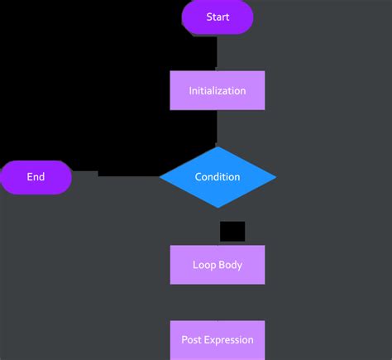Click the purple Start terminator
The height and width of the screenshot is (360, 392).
pos(218,17)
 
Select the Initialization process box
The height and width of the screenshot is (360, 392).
pos(218,90)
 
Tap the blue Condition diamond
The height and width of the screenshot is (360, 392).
pos(218,177)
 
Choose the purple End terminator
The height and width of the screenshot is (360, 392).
pos(36,177)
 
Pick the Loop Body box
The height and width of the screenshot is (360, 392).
pos(218,266)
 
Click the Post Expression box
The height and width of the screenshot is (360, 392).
pos(218,339)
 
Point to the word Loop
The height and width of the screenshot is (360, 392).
pos(203,266)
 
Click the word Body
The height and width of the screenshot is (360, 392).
pos(230,266)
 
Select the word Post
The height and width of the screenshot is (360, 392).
pos(192,339)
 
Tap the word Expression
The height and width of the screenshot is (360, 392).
pos(229,339)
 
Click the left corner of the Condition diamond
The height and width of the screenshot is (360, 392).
pos(161,177)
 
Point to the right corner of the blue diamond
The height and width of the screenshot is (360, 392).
pos(275,177)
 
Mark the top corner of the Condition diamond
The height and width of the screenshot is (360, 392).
pos(218,147)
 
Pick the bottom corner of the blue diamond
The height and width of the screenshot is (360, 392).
pos(218,207)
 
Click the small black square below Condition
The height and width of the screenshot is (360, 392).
pos(232,231)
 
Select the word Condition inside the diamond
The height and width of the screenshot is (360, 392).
pos(218,177)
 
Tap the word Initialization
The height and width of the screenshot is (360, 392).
pos(218,90)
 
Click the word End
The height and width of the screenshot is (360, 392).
pos(36,177)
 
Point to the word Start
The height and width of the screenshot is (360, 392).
pos(218,17)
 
